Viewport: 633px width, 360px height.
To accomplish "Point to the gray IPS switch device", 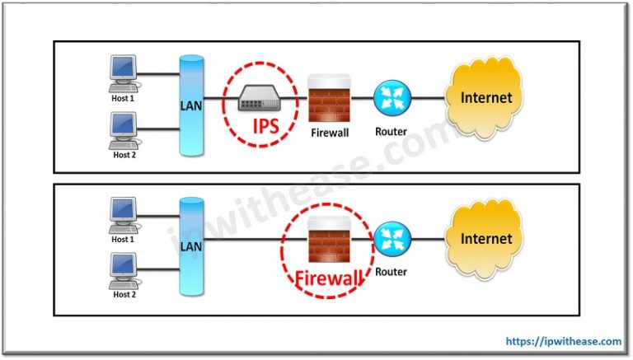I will click(263, 101).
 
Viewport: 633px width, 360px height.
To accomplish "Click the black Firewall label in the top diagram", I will click(330, 132).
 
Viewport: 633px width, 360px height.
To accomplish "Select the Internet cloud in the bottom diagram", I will click(485, 239).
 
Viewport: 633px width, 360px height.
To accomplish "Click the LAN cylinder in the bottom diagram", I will click(191, 245).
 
